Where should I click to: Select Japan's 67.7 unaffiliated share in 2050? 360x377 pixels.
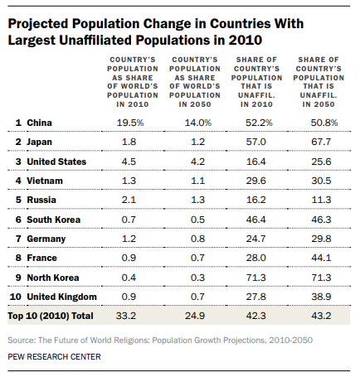click(321, 142)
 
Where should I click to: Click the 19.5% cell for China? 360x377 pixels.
click(130, 123)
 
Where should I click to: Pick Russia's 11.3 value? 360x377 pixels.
click(321, 200)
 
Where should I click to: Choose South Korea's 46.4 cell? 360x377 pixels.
click(255, 220)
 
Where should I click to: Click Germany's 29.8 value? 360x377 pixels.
click(321, 239)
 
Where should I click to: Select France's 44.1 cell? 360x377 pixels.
click(321, 258)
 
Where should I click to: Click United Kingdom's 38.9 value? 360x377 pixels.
click(321, 297)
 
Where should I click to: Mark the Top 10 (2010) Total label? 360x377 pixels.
click(51, 316)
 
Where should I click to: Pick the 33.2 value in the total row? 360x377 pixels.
click(126, 316)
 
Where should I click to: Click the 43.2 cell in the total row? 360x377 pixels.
click(321, 316)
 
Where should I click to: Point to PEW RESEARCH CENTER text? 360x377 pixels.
click(54, 356)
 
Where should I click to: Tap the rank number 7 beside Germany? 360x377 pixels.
click(18, 239)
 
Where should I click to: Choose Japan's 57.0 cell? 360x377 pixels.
click(255, 142)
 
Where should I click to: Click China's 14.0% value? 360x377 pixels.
click(198, 123)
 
